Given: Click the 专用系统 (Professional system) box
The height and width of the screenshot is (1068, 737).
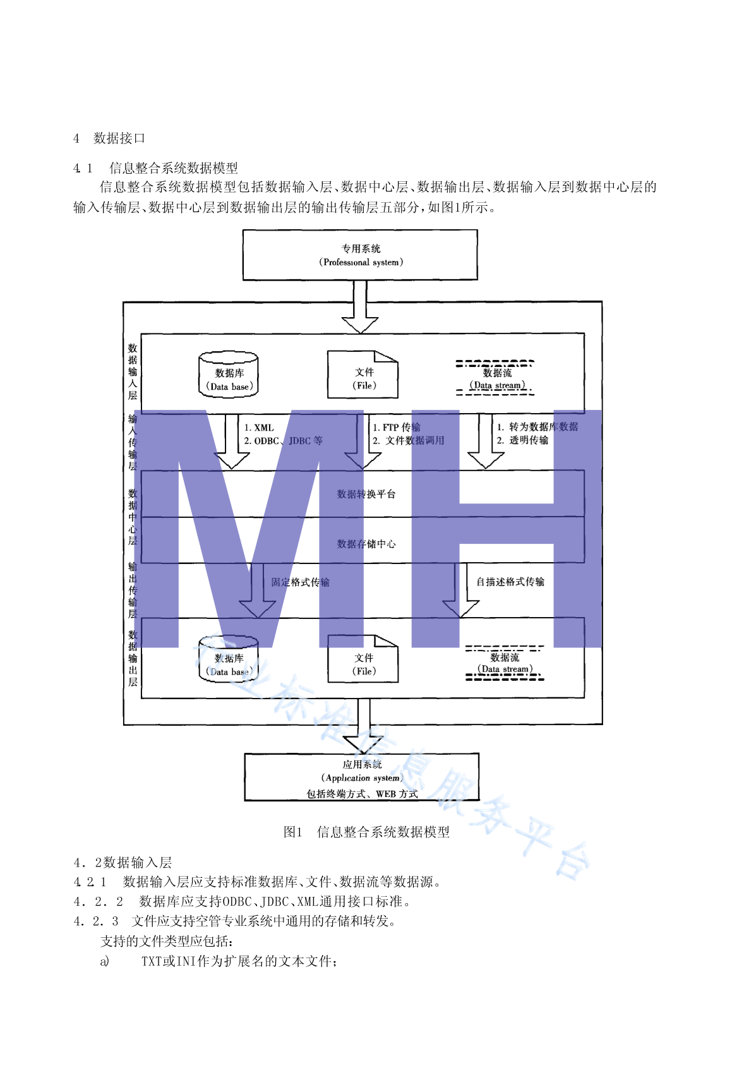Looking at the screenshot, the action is click(360, 255).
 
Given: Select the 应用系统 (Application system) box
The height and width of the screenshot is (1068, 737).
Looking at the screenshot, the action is click(362, 777).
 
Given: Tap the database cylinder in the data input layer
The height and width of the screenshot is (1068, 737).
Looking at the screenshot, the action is click(229, 375).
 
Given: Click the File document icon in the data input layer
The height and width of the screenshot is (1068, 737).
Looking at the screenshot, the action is click(363, 375).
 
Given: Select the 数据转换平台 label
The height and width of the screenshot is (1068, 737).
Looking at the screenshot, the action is click(366, 494).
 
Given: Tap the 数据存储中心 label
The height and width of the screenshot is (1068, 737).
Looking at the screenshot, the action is click(366, 544).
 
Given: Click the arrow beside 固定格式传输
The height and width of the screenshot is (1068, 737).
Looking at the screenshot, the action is click(258, 591).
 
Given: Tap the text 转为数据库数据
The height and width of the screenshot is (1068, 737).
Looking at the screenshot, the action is click(543, 427).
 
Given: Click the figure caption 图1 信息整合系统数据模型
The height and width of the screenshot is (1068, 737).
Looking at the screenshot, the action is click(366, 832).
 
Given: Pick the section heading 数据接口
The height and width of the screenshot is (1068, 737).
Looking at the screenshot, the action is click(119, 138).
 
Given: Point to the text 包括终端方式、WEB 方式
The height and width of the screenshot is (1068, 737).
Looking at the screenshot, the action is click(362, 794).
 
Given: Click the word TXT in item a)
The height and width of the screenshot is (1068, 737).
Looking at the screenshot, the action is click(152, 961).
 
